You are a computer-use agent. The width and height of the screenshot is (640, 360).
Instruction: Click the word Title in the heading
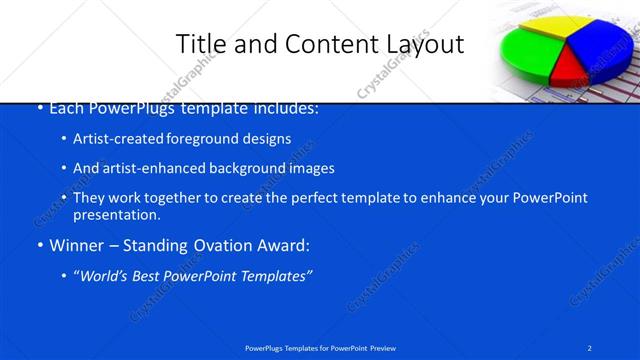[199, 44]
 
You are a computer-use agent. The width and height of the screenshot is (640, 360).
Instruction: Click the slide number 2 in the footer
[590, 348]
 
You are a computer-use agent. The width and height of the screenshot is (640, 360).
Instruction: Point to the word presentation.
[116, 215]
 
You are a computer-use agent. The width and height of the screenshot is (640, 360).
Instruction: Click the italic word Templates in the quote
[275, 275]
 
